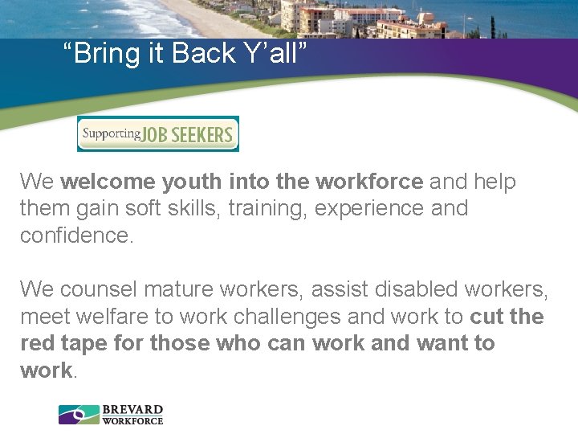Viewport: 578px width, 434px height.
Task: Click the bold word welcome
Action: [x=108, y=182]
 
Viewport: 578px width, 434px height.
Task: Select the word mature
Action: [x=190, y=289]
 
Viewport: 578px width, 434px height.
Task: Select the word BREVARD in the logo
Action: [x=132, y=410]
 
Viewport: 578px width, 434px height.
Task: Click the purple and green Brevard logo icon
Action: [x=79, y=415]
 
